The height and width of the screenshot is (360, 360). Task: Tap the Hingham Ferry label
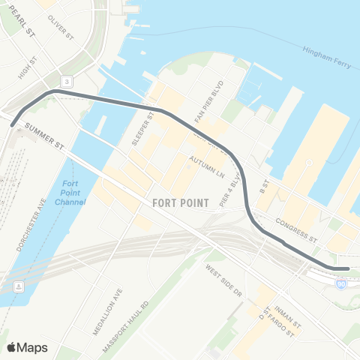(x=327, y=58)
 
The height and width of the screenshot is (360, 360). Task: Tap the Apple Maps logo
(x=27, y=346)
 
